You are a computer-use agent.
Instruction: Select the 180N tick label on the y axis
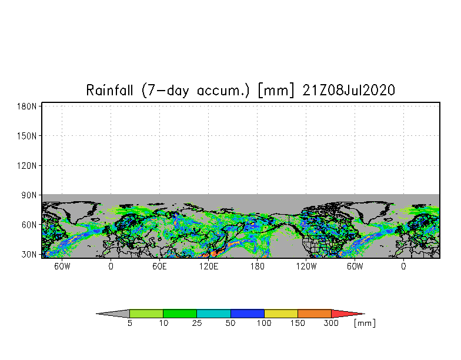point(28,106)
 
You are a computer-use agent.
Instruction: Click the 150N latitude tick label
point(28,136)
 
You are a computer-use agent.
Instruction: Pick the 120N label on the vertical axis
point(28,166)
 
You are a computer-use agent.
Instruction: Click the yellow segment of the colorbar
point(281,314)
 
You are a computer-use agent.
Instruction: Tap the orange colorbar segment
point(315,314)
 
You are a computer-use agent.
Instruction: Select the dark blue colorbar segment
point(248,314)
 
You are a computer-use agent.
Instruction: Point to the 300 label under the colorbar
point(332,324)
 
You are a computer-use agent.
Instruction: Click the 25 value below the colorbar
point(197,324)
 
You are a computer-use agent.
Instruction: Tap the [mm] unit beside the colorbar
point(365,324)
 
